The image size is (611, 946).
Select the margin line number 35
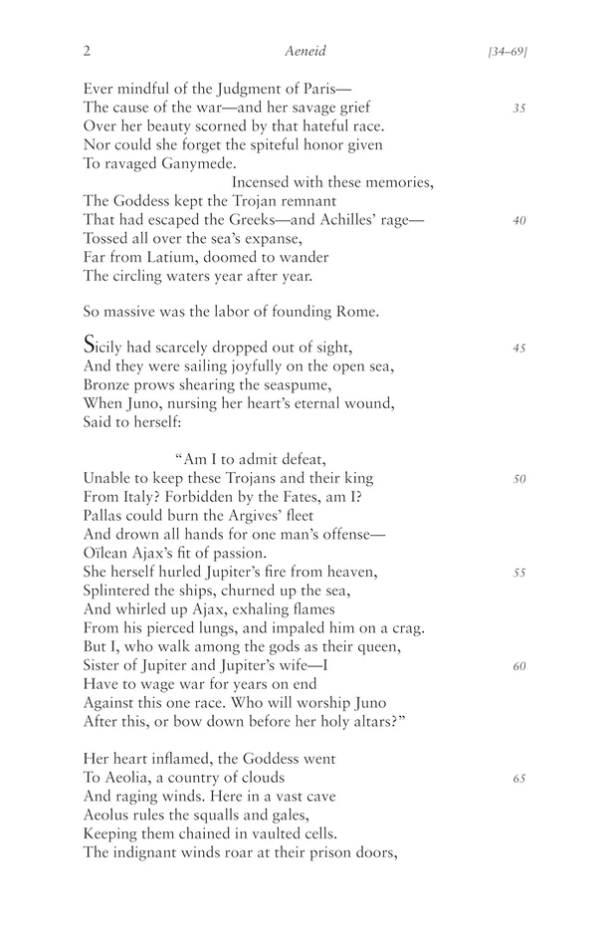pyautogui.click(x=518, y=108)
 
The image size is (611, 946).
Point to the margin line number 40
pyautogui.click(x=518, y=221)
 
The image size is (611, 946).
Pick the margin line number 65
pyautogui.click(x=518, y=779)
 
